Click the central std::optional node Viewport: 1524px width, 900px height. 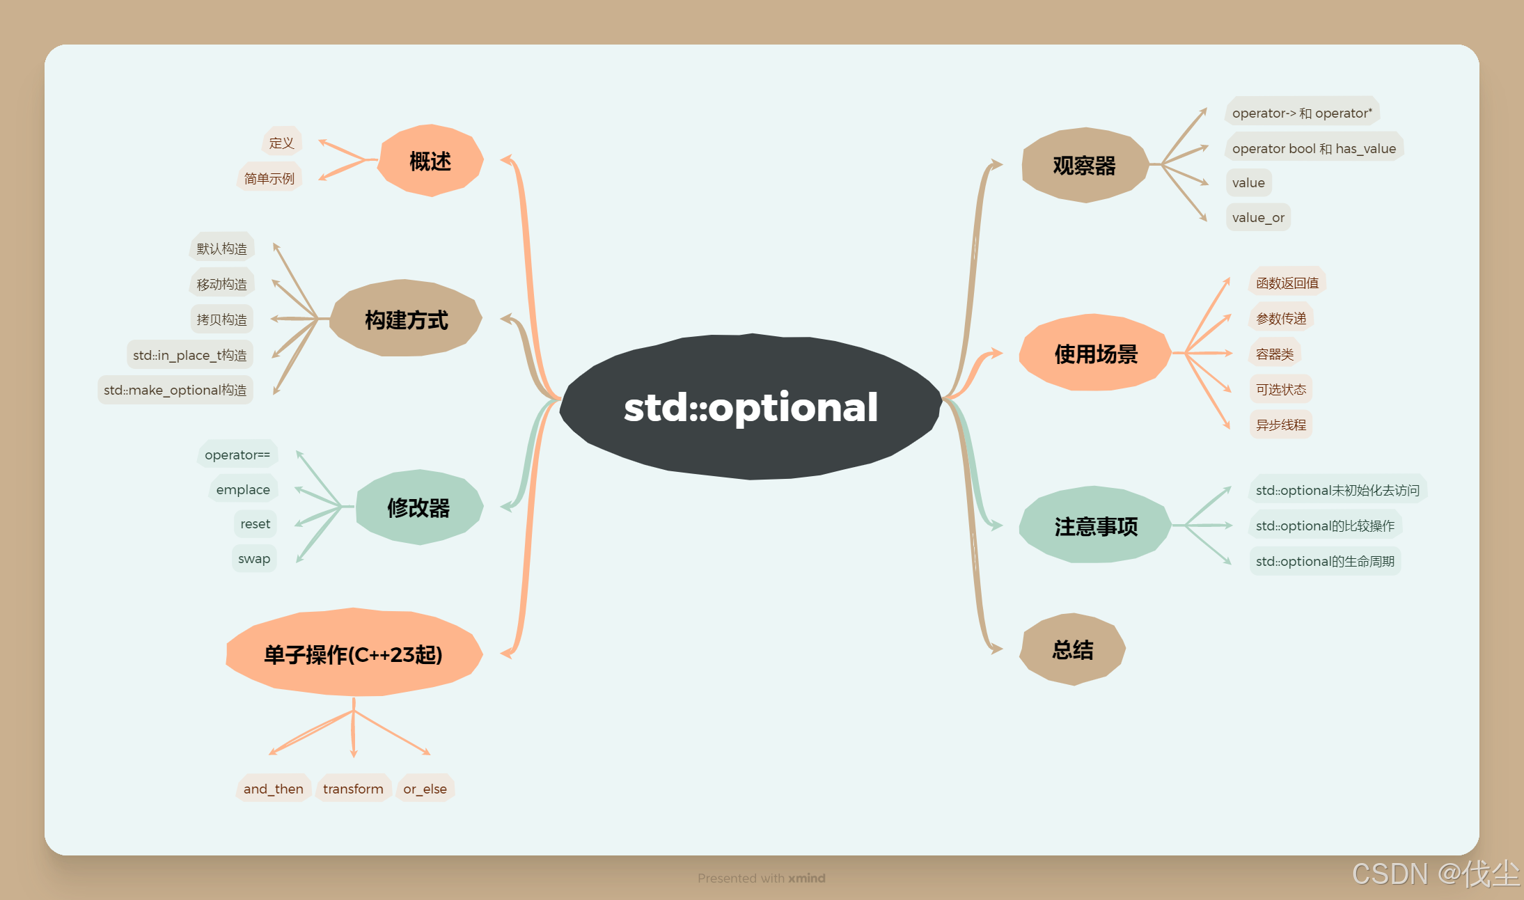(751, 407)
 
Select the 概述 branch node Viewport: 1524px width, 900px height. (430, 161)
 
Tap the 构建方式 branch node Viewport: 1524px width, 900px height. (407, 319)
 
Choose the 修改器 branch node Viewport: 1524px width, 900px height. (418, 507)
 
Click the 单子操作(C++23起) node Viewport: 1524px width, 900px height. (353, 654)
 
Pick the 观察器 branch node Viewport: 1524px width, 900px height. (1084, 165)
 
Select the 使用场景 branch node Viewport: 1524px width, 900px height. (1095, 354)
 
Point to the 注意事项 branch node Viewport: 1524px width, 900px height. (1095, 526)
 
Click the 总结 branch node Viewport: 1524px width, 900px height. (1072, 649)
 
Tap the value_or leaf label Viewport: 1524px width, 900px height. (1258, 218)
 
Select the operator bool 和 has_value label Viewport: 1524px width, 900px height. (1314, 148)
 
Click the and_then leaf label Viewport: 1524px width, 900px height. (273, 789)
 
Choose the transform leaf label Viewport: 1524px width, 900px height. (353, 789)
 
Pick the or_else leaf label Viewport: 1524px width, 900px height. (425, 789)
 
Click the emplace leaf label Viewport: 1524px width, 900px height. (243, 489)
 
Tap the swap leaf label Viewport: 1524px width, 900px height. (254, 558)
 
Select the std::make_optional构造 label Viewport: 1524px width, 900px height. (175, 390)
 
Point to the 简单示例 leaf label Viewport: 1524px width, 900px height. (269, 178)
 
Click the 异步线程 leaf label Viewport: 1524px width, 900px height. (1281, 425)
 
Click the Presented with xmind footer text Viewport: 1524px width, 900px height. (761, 878)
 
